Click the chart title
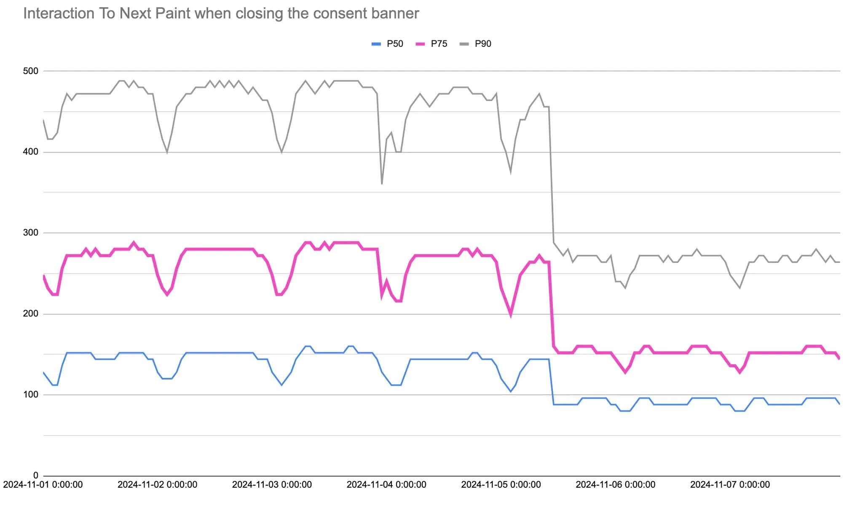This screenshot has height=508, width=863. click(221, 13)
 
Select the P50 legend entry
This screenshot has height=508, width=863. click(387, 44)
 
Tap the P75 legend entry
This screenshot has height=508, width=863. click(431, 44)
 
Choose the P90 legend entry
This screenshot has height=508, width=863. click(475, 44)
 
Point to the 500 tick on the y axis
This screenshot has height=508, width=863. click(30, 71)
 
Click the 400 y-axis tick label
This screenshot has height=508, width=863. click(30, 152)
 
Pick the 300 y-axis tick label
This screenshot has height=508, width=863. click(30, 233)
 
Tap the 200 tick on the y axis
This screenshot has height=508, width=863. click(30, 314)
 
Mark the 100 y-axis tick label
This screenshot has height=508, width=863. click(30, 395)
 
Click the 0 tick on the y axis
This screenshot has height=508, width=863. click(36, 476)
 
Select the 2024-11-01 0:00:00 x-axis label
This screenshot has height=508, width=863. click(43, 485)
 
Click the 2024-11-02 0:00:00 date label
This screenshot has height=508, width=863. click(157, 485)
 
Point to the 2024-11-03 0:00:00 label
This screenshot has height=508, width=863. click(272, 485)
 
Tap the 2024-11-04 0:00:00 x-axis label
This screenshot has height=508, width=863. click(386, 485)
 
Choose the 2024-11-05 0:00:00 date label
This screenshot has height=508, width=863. click(501, 485)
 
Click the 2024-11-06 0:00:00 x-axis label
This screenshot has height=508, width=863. click(616, 485)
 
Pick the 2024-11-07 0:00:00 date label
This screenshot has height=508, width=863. click(730, 485)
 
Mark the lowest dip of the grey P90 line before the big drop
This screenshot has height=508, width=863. click(382, 184)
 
